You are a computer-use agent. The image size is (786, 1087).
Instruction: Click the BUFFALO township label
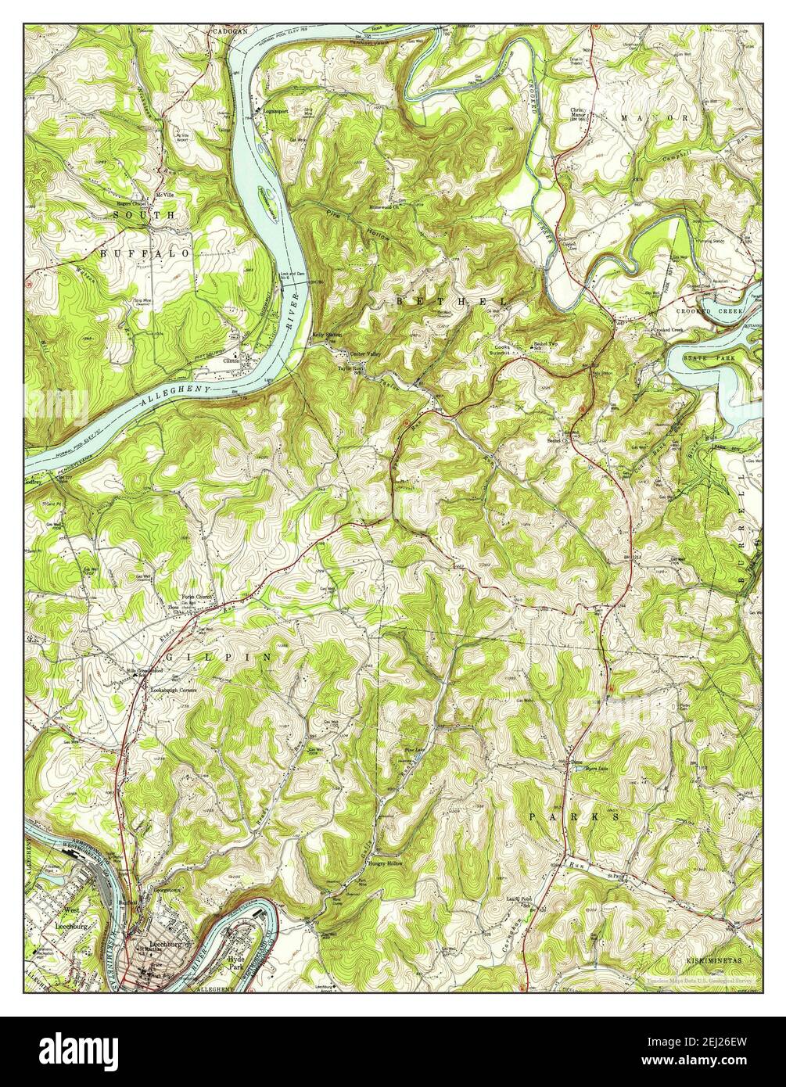point(145,253)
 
